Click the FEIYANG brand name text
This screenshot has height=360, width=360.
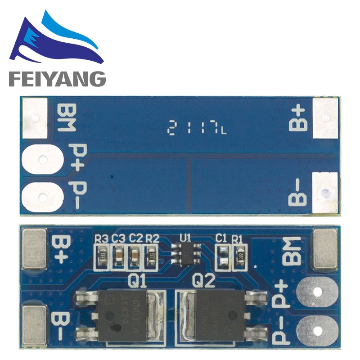click(x=57, y=79)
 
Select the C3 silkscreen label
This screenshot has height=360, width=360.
click(x=119, y=238)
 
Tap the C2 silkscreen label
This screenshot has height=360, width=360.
click(x=135, y=238)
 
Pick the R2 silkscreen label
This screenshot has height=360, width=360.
click(x=152, y=238)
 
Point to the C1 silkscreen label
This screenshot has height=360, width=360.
click(x=221, y=238)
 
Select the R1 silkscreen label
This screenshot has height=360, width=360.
click(x=237, y=238)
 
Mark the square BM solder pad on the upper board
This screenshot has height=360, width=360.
click(x=35, y=118)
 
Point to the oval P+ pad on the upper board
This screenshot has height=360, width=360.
click(x=42, y=159)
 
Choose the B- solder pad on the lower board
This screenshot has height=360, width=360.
click(x=34, y=321)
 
